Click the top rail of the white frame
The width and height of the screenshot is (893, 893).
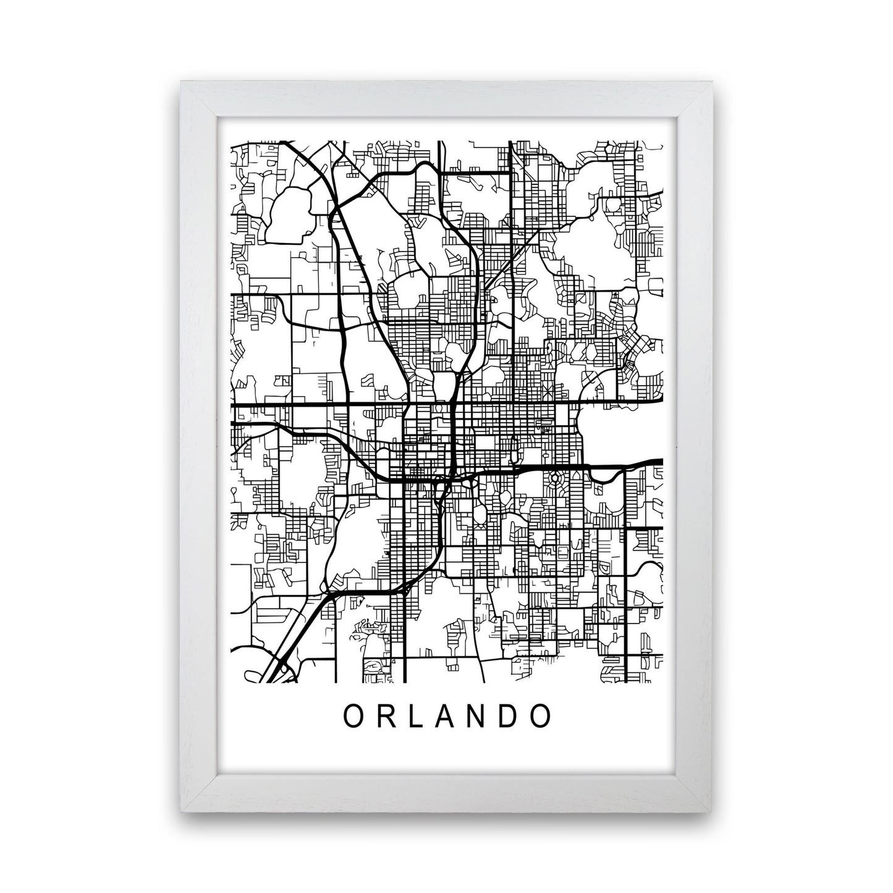point(447,98)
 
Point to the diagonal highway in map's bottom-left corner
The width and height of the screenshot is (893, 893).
point(290,649)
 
